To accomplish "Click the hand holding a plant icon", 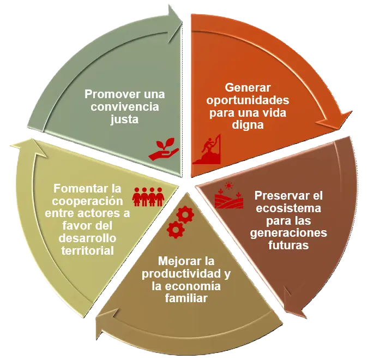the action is [x=164, y=149].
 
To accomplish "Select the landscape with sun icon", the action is [x=229, y=195].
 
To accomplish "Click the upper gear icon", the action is [x=185, y=214].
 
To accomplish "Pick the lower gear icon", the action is [x=176, y=230].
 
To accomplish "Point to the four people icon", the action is [x=148, y=197].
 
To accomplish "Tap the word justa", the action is [x=125, y=120].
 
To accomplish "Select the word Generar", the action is [x=248, y=88].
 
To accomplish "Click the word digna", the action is [x=248, y=125].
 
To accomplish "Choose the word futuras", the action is [x=288, y=245].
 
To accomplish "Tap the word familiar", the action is [x=186, y=299].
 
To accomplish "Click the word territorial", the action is [x=88, y=250].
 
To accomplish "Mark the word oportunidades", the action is [x=248, y=101].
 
